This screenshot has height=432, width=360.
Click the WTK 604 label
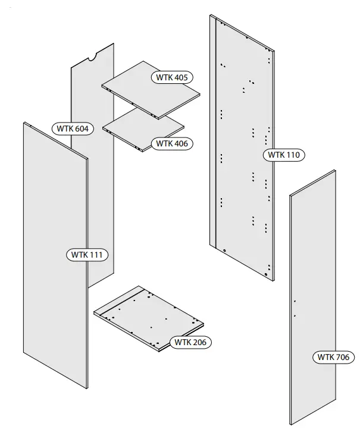[x=73, y=129]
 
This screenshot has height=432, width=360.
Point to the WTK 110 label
[x=284, y=155]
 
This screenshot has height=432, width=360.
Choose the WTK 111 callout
[x=87, y=255]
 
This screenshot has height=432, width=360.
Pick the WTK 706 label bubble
[x=333, y=358]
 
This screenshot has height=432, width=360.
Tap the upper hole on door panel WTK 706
[x=294, y=302]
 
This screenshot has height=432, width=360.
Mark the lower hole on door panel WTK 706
[x=295, y=315]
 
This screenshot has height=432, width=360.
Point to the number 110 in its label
[x=293, y=155]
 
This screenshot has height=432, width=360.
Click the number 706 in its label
[x=342, y=358]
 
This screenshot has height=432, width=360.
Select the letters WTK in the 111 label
[x=79, y=255]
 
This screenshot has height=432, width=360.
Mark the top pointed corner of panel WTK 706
[x=335, y=171]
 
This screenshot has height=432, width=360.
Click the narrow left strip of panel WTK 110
[x=213, y=131]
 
